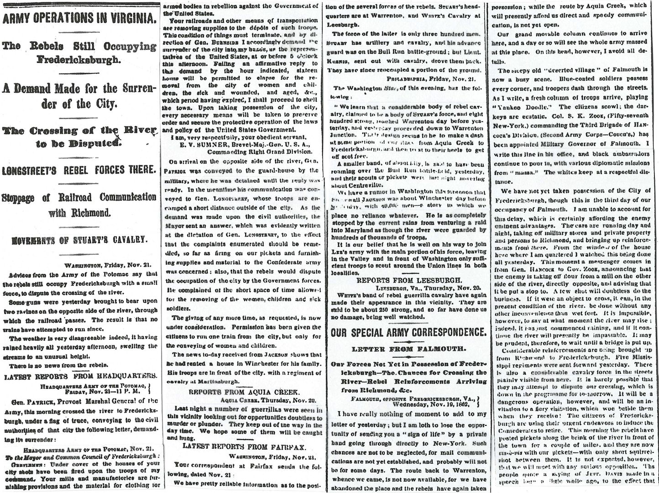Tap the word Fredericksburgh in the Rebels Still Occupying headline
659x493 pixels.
[78, 60]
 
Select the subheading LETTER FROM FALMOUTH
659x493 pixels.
[408, 349]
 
